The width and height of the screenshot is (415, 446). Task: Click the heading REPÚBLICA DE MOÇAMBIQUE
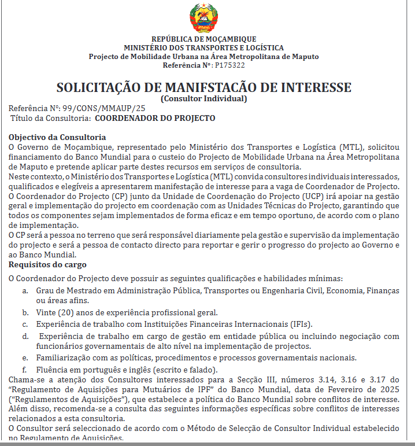pos(203,39)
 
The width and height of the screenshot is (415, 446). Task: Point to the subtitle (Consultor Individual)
pos(203,98)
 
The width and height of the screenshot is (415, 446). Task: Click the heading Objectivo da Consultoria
pos(57,137)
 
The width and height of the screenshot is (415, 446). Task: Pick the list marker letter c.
pos(25,324)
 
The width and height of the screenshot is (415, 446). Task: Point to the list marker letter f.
pos(24,370)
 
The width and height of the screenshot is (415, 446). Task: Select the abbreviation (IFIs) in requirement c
pos(299,324)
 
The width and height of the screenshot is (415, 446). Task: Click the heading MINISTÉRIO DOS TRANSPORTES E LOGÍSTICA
pos(203,47)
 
